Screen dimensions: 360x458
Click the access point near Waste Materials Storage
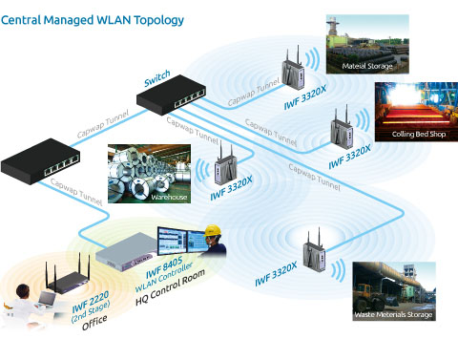coord(314,254)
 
